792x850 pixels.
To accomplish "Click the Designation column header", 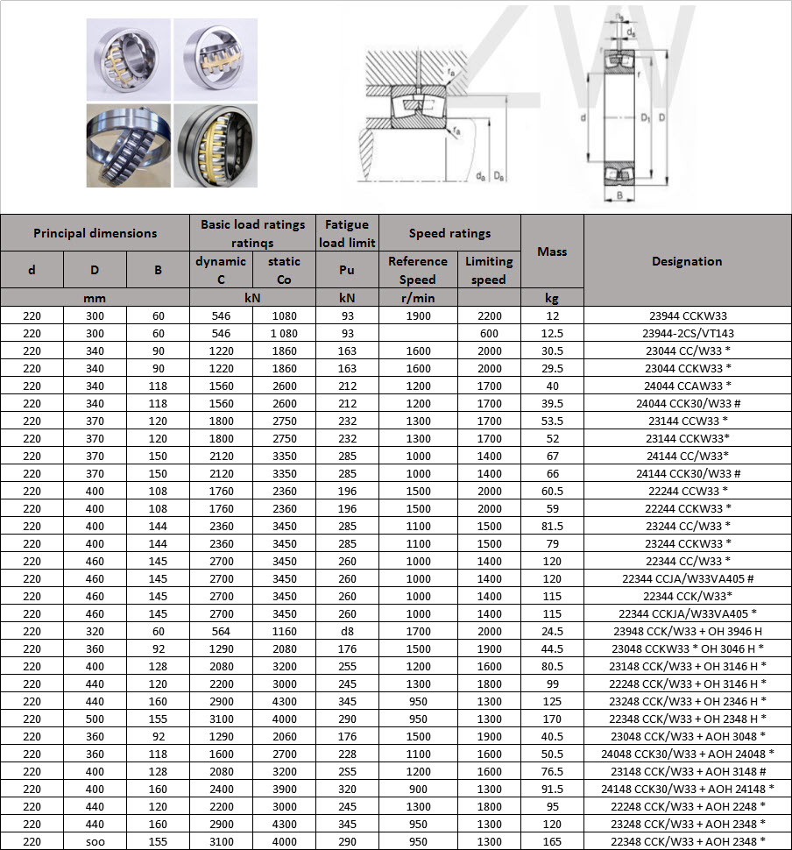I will (687, 261).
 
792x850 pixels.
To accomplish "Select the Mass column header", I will (552, 251).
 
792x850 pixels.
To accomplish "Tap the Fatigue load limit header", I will (347, 233).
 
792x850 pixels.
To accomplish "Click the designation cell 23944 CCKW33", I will (686, 316).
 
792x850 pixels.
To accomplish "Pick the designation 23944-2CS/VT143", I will (686, 334).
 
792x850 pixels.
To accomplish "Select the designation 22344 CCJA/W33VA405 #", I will (687, 579).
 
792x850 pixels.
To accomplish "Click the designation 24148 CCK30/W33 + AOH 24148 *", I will (687, 789).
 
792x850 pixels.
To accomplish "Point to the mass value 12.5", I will (552, 334).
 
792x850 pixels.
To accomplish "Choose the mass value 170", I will (552, 719).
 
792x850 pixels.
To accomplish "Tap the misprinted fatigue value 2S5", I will (347, 771).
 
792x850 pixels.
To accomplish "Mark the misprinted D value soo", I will (95, 841).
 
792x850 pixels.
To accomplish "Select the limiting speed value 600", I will (488, 334).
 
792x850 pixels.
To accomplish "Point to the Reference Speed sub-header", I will (417, 270).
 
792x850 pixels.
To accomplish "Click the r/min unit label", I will (417, 299).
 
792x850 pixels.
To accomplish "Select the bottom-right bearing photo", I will (215, 145).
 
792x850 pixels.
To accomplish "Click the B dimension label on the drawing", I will (620, 195).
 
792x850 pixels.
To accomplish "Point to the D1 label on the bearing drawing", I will (645, 117).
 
